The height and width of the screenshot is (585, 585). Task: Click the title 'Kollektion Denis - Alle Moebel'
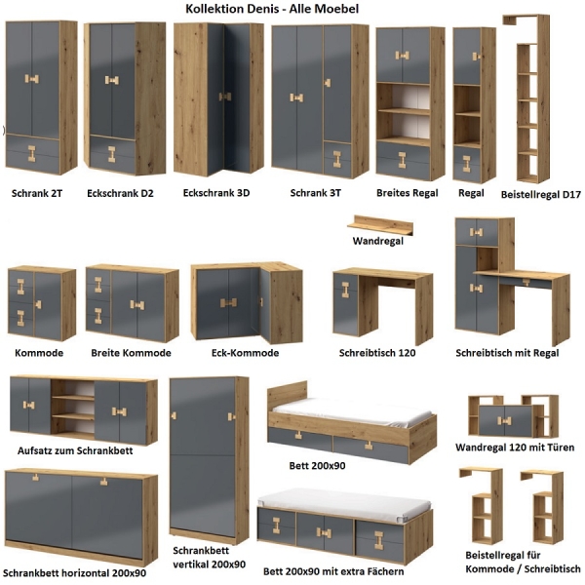[x=272, y=9]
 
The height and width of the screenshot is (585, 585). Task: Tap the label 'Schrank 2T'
[x=37, y=193]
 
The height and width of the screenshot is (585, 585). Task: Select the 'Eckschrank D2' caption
[x=120, y=193]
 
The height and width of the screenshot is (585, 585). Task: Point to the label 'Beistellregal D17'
[x=540, y=194]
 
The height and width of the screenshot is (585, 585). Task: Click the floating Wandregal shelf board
[x=380, y=224]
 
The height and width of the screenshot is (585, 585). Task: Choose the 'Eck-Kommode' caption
[x=245, y=353]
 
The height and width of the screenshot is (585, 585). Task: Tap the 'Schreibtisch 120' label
[x=377, y=353]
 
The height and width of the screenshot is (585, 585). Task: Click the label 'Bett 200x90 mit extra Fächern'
[x=333, y=571]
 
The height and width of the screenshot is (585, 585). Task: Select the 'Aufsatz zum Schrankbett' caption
[x=75, y=450]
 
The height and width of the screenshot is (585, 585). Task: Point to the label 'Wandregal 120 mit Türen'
[x=515, y=447]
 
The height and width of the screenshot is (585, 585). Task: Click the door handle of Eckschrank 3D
[x=225, y=97]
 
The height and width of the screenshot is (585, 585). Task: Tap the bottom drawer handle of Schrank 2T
[x=32, y=154]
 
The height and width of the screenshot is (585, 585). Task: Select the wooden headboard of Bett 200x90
[x=288, y=397]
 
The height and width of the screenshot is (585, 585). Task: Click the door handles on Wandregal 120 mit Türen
[x=504, y=421]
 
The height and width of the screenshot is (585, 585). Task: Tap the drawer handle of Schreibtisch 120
[x=345, y=290]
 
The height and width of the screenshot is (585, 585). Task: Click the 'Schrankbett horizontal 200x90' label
[x=74, y=572]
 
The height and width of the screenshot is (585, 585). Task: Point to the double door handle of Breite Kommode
[x=137, y=305]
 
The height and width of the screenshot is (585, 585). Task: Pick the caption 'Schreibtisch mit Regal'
[x=507, y=353]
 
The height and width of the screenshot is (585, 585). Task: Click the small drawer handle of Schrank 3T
[x=337, y=159]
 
